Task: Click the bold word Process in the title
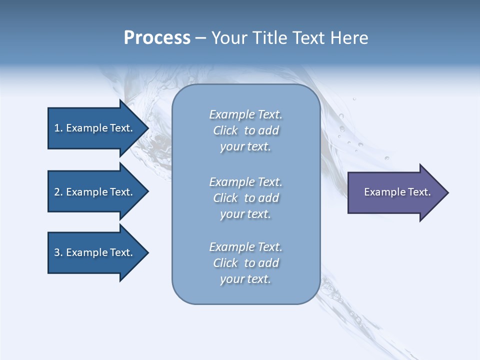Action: [x=157, y=38]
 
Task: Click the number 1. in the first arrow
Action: [x=58, y=128]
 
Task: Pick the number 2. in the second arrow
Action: [x=58, y=192]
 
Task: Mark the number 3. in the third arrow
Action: [x=58, y=252]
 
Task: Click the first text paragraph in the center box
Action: [x=245, y=130]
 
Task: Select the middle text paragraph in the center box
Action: [x=245, y=198]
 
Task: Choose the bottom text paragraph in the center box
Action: [x=245, y=263]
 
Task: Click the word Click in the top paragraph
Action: [x=225, y=130]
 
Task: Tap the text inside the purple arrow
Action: [x=397, y=192]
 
